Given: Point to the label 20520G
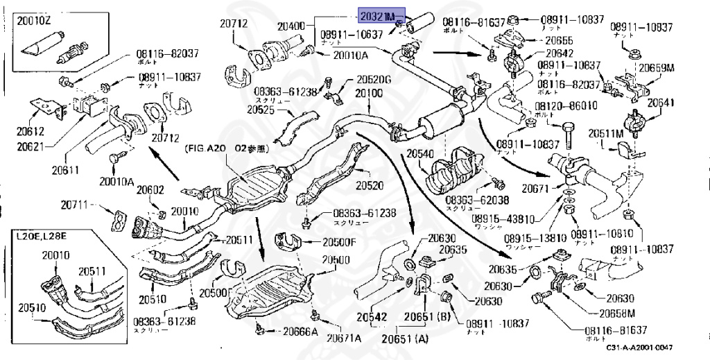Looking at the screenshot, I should point(374,80).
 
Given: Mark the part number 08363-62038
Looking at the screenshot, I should point(477,200).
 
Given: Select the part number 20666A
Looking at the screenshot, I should point(300,331).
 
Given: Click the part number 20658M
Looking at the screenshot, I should point(618,314).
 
